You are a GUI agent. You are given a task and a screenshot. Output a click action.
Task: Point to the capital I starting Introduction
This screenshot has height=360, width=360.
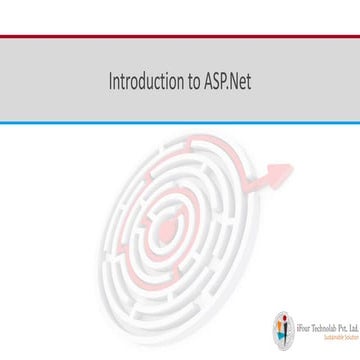[x=111, y=81]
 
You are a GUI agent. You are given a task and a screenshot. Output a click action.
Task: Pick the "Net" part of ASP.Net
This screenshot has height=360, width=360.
[x=241, y=81]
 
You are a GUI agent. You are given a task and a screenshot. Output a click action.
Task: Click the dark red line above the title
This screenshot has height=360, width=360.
[x=180, y=38]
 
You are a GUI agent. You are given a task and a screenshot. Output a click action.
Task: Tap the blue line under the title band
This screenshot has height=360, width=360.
[x=180, y=123]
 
